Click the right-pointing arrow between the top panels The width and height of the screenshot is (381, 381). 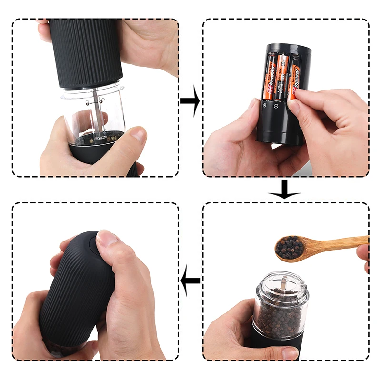click(x=190, y=101)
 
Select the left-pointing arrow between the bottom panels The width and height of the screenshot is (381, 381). click(x=190, y=281)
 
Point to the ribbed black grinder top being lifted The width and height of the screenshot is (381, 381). click(x=86, y=52)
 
